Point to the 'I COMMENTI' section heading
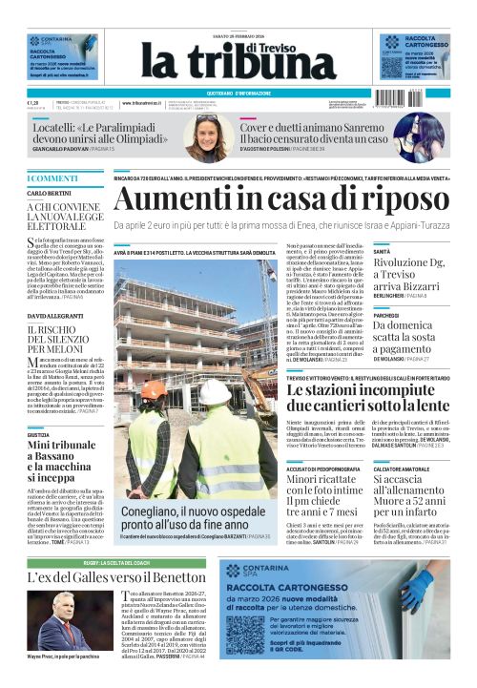53,178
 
